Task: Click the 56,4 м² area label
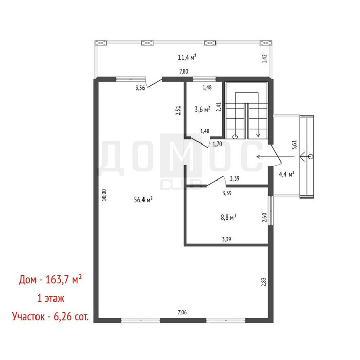pos(143,200)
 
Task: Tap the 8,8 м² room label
pos(228,217)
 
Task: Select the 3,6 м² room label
pos(203,109)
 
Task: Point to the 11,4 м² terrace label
pos(187,57)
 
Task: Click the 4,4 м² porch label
pos(286,174)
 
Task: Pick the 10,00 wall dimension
pos(104,195)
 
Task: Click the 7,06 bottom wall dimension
pos(182,312)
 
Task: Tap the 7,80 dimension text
pos(184,71)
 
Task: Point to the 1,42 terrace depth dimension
pos(265,58)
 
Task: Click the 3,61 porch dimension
pos(294,145)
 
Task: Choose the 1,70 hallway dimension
pos(217,144)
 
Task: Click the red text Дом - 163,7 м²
pos(50,279)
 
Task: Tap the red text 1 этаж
pos(51,298)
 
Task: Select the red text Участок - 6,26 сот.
pos(50,317)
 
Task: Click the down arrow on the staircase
pos(258,120)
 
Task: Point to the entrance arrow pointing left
pos(275,157)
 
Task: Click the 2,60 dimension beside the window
pos(264,218)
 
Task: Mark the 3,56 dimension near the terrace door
pos(140,88)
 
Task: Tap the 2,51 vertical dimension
pos(178,110)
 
